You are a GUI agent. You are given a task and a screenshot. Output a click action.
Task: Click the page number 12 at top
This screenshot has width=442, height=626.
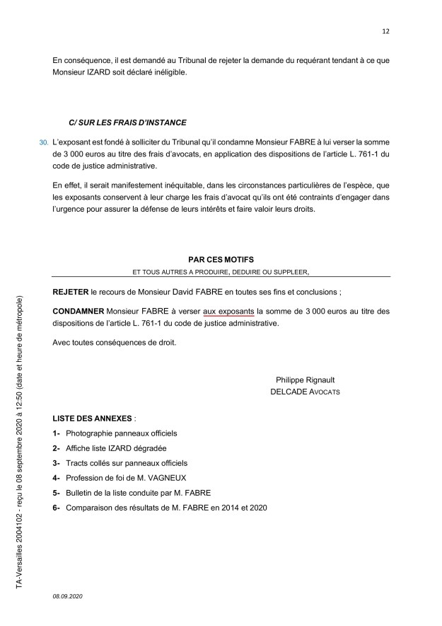pyautogui.click(x=385, y=31)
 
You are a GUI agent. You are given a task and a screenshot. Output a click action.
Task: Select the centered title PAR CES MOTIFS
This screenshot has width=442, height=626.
pyautogui.click(x=221, y=260)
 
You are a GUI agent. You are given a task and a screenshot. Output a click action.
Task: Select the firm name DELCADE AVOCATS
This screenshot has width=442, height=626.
pyautogui.click(x=305, y=392)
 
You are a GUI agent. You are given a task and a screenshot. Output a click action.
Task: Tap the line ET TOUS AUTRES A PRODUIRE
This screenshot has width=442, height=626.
pyautogui.click(x=221, y=271)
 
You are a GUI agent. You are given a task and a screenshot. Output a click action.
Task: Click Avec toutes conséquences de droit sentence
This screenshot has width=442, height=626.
pyautogui.click(x=113, y=343)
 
